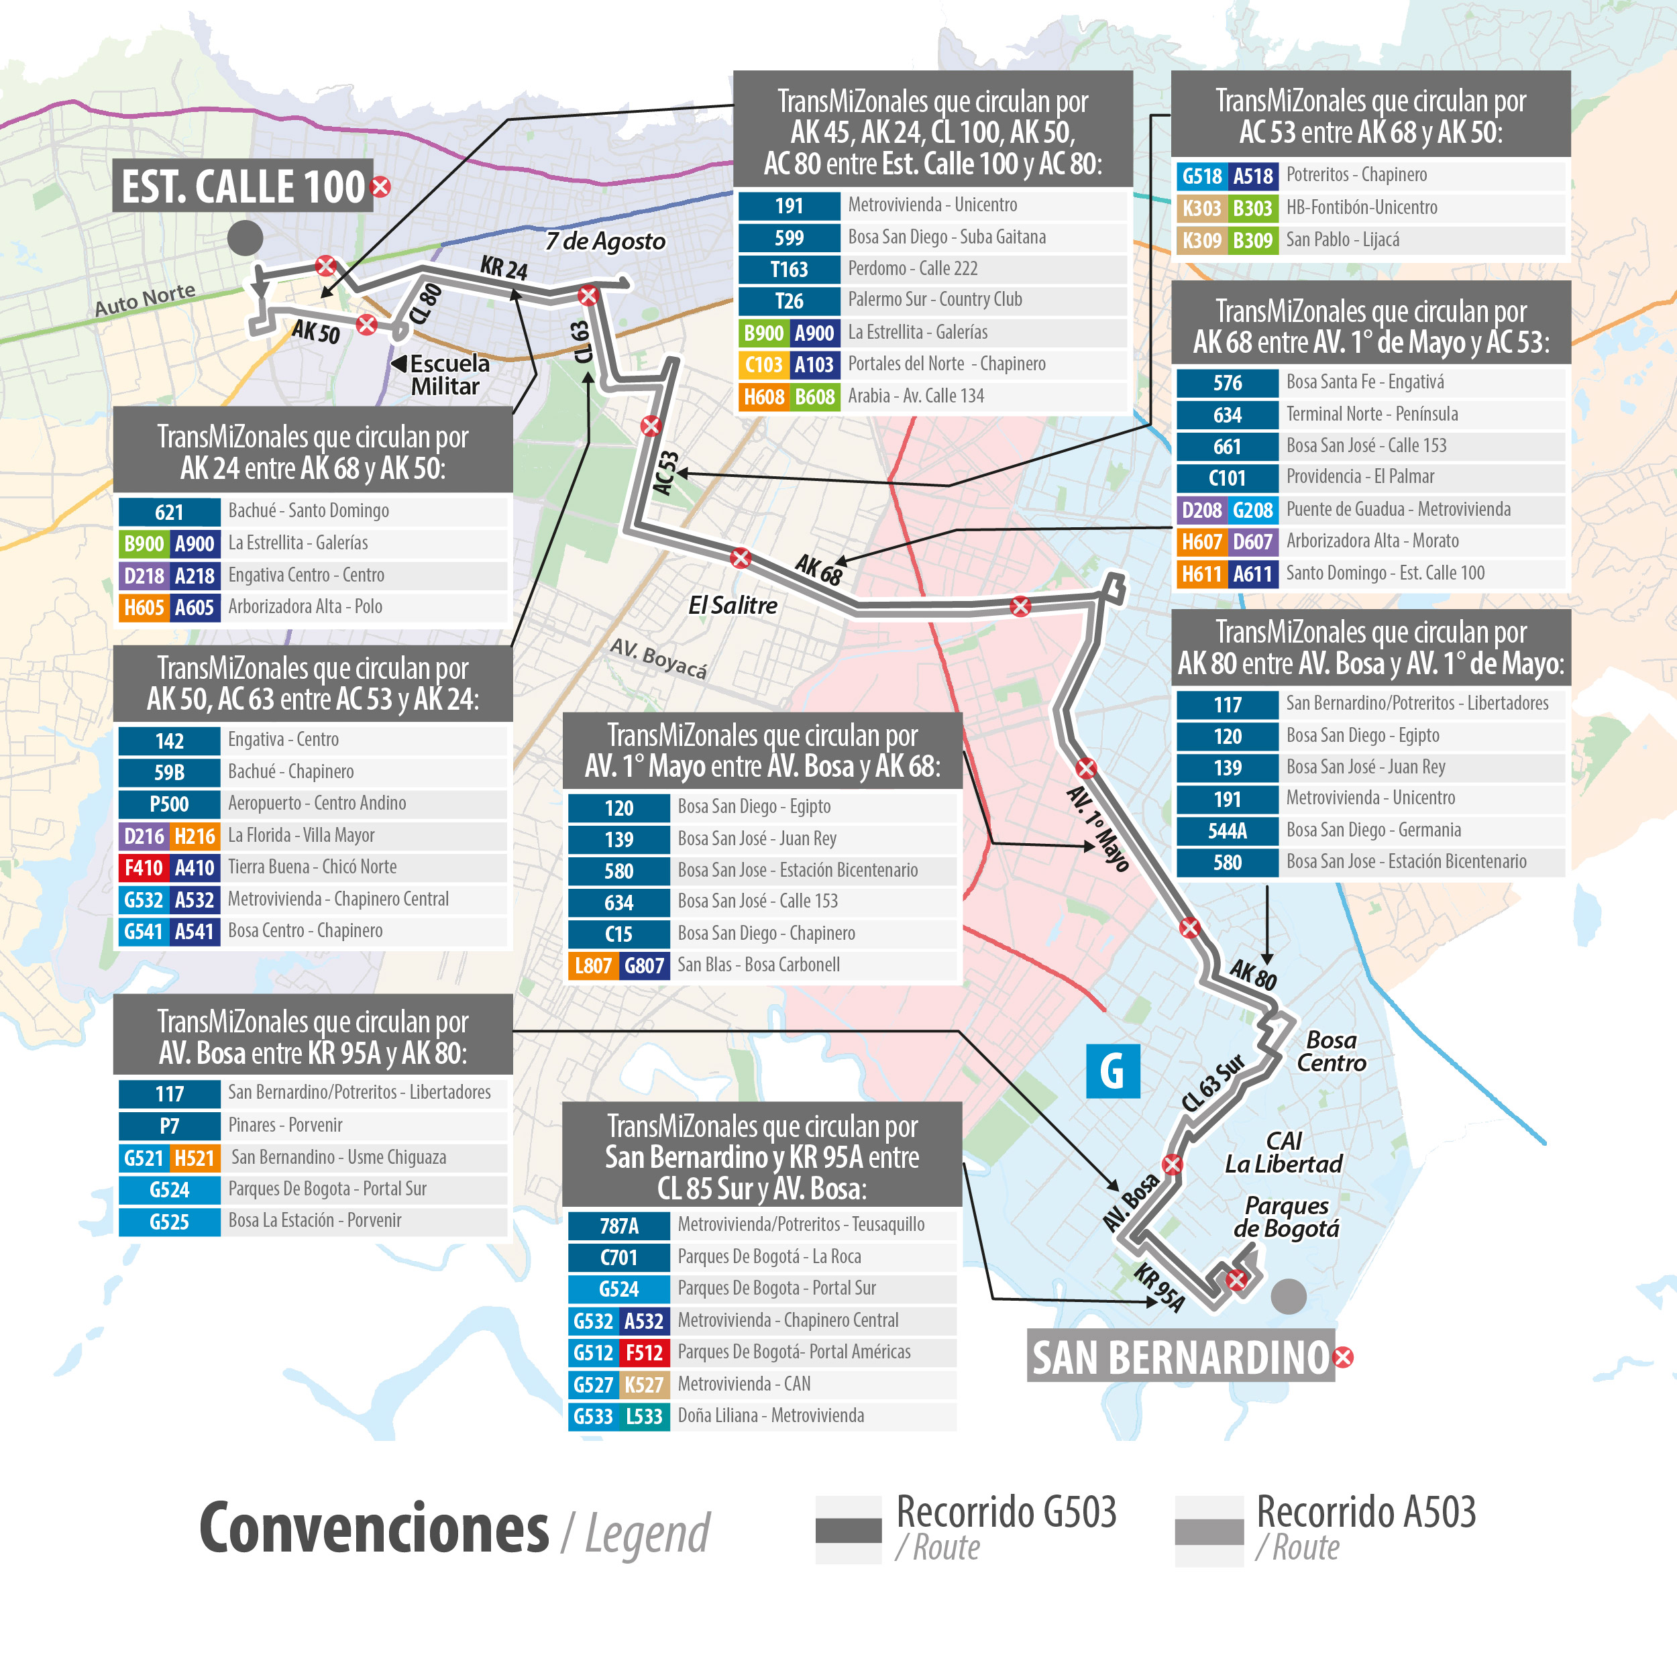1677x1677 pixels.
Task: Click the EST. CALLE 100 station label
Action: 243,186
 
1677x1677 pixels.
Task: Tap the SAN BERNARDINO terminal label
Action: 1181,1358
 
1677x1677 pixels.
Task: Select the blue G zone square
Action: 1112,1071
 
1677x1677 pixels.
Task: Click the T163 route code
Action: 788,269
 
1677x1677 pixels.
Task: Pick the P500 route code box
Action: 169,804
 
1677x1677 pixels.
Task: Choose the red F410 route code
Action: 144,867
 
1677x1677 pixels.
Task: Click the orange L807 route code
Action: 593,965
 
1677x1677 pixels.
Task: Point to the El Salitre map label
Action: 733,605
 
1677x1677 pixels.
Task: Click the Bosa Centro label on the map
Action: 1331,1051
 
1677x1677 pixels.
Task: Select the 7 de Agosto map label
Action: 605,241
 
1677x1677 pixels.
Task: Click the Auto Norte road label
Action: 145,299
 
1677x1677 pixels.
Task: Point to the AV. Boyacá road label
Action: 658,658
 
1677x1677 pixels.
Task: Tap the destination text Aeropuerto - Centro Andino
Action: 317,803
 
